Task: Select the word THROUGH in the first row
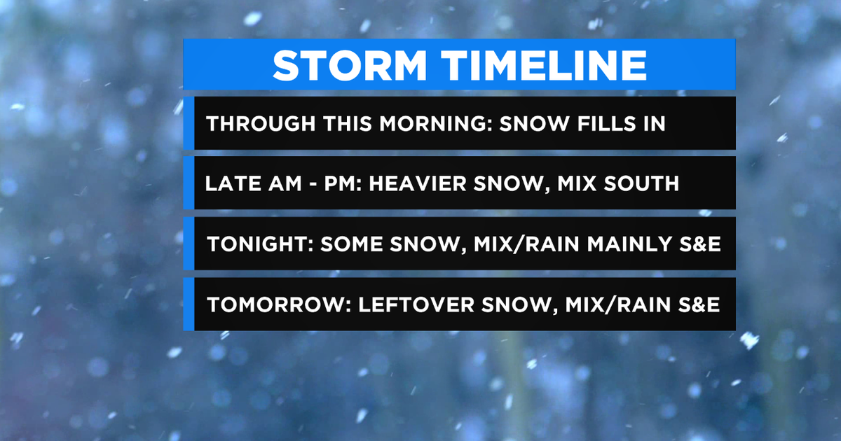tap(254, 123)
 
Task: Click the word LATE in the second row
tap(227, 183)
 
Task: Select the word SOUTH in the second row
tap(643, 183)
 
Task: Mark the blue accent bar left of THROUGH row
tap(189, 123)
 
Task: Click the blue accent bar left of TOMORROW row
tap(189, 304)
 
